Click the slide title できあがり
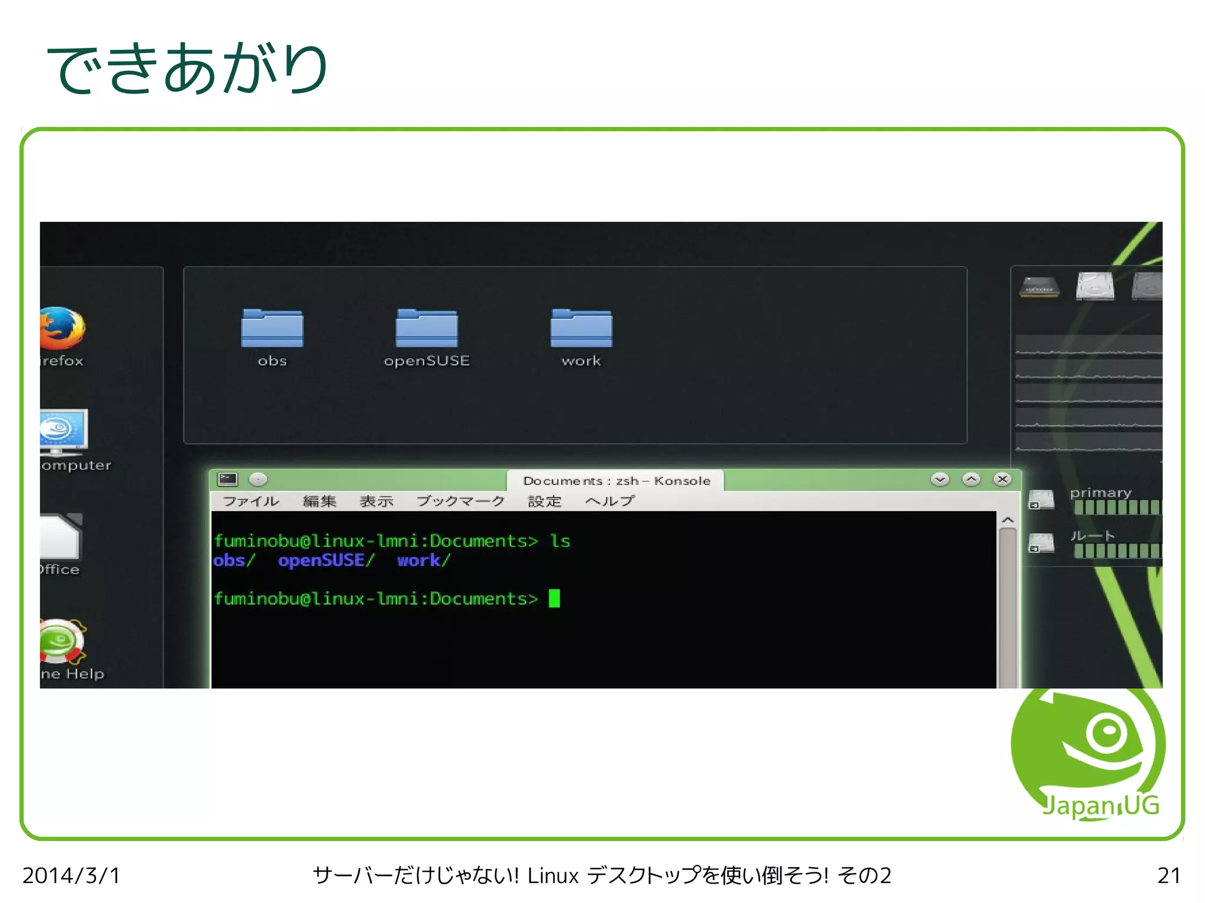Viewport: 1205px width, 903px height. (x=187, y=69)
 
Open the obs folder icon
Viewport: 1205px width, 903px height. (x=272, y=328)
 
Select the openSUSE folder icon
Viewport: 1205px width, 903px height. (x=427, y=328)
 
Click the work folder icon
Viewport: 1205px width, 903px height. (x=581, y=328)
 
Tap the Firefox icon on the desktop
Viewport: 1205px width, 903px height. (x=62, y=328)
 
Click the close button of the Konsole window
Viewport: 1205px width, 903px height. (x=1002, y=479)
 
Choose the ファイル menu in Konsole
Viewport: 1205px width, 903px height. (x=251, y=501)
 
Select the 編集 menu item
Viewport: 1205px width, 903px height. (x=319, y=501)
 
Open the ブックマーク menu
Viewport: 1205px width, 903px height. (x=461, y=501)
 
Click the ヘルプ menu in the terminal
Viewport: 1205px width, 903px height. (x=610, y=501)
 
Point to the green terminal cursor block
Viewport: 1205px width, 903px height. (x=554, y=598)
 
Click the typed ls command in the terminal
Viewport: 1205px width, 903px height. (x=560, y=541)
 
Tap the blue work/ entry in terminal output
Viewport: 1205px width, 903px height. (x=423, y=561)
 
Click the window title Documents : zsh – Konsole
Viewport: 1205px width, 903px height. (x=617, y=481)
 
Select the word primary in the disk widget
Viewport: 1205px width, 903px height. (x=1100, y=492)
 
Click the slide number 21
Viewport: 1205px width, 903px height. (x=1169, y=875)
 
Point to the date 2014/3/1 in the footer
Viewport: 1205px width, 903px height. (x=71, y=875)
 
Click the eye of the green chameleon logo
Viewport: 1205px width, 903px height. (x=1107, y=731)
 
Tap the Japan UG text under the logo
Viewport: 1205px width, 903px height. (x=1100, y=806)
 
